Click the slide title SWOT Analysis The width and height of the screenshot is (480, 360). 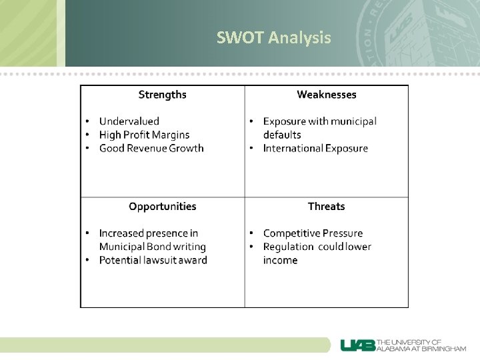(273, 38)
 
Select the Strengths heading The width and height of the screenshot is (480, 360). (162, 95)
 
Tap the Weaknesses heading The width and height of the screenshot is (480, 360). (326, 95)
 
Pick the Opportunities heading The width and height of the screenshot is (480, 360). (162, 207)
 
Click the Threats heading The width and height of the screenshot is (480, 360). (326, 207)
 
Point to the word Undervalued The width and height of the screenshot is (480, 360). (129, 121)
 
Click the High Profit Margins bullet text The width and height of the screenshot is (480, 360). (144, 135)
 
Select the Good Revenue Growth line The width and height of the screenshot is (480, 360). (151, 148)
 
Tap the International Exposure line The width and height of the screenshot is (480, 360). (315, 148)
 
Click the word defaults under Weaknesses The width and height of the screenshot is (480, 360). (282, 135)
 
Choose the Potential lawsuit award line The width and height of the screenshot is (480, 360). (153, 260)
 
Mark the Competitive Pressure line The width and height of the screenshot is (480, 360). (313, 233)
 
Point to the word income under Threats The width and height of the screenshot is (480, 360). (280, 260)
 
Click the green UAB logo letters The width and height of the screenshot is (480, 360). (358, 345)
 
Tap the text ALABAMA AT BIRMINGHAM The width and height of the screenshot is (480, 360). (421, 349)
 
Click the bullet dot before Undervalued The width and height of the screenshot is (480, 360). (87, 121)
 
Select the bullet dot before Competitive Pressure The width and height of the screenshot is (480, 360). (251, 233)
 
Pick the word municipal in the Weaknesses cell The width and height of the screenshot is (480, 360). (354, 121)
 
